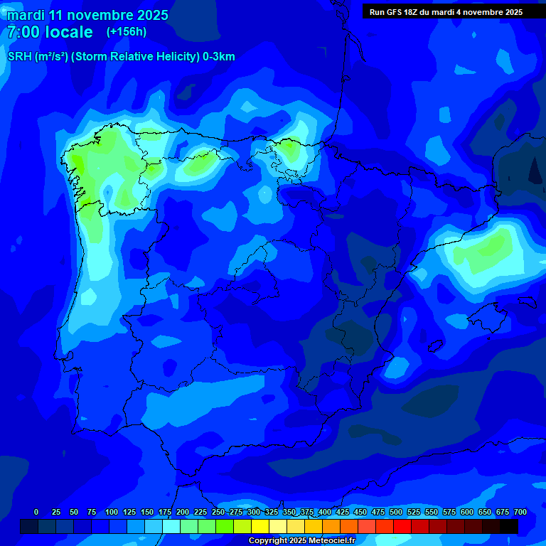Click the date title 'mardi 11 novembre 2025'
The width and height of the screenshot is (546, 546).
(87, 15)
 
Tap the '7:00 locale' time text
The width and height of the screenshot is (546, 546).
(50, 32)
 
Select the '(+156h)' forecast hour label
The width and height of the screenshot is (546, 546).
(126, 32)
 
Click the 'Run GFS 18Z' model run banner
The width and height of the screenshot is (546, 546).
(446, 12)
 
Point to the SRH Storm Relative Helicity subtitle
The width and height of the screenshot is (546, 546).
(121, 57)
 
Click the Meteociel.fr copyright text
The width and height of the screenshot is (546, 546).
(301, 540)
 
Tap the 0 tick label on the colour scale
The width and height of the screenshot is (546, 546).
(36, 512)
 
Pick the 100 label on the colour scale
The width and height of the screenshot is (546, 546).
(111, 512)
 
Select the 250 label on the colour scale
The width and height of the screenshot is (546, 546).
(218, 512)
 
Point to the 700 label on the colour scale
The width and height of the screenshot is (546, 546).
(520, 512)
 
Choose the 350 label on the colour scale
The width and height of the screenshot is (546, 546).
(289, 512)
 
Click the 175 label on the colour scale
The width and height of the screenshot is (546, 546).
(164, 512)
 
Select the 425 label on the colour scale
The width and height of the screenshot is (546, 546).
(342, 512)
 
